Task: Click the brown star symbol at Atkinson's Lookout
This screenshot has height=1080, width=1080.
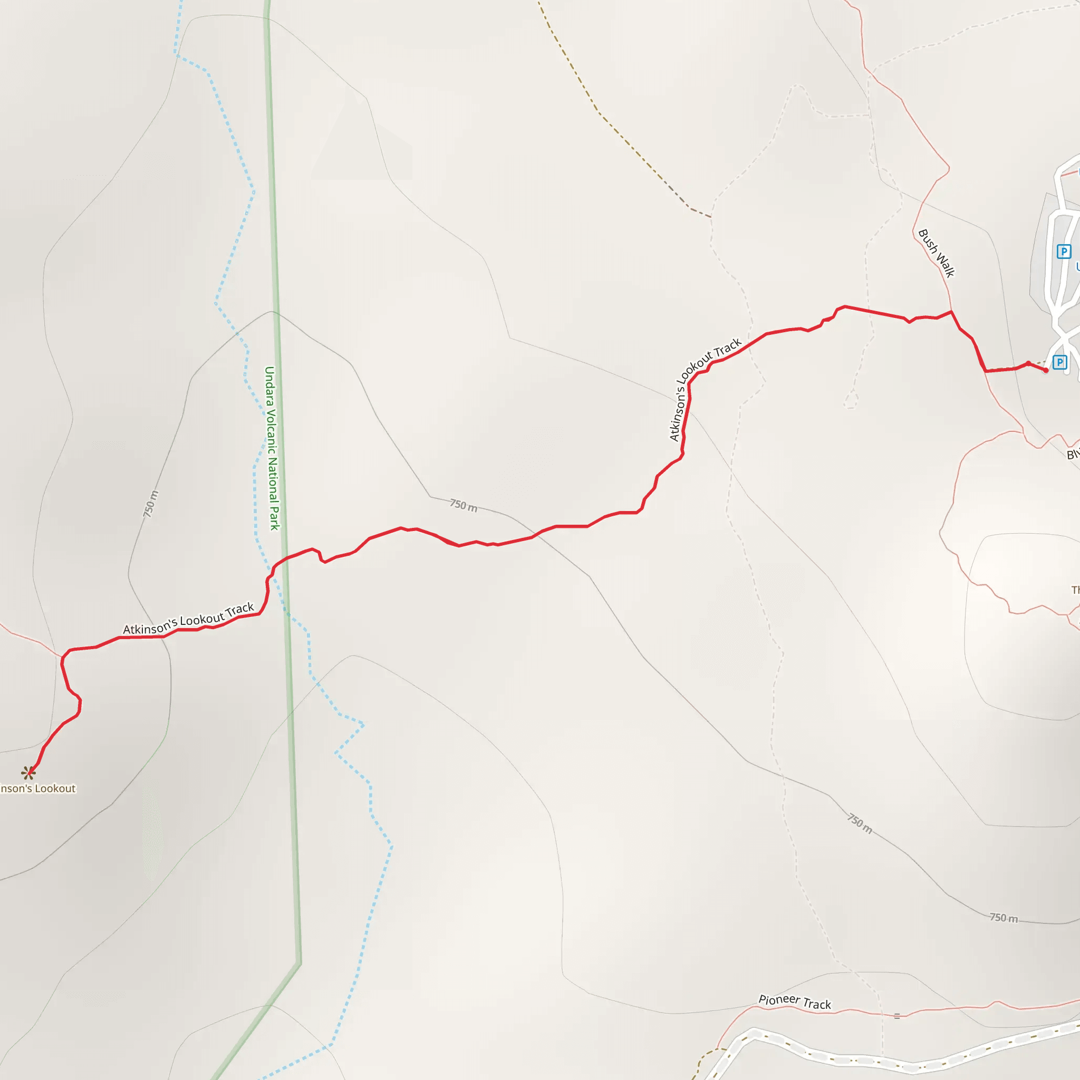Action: click(x=28, y=773)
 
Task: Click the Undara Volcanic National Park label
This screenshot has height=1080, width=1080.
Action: click(x=272, y=448)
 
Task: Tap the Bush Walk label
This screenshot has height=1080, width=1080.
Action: click(x=937, y=253)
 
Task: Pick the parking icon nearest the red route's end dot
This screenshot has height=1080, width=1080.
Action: click(x=1059, y=362)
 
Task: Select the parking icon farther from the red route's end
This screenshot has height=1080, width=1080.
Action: click(x=1063, y=252)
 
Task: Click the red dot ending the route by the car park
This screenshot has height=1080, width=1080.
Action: click(x=1046, y=370)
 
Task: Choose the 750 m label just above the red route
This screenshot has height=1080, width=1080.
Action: click(x=464, y=506)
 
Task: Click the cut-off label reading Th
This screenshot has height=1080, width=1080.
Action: click(x=1075, y=590)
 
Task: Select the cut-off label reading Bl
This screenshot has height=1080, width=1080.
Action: click(x=1073, y=455)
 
